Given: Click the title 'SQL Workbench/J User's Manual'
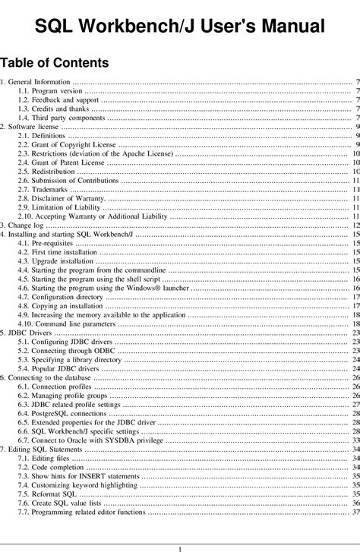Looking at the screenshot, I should [180, 29].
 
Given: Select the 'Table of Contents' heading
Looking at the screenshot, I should [54, 62].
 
